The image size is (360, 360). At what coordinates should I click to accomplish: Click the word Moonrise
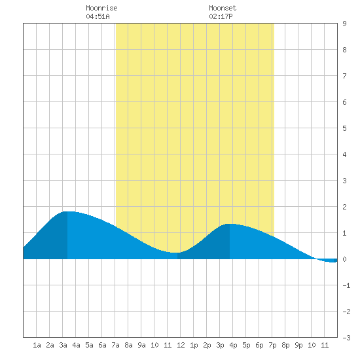[x=101, y=8]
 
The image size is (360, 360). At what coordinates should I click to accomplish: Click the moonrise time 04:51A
[x=98, y=16]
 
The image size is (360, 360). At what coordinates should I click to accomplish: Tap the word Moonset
[x=223, y=8]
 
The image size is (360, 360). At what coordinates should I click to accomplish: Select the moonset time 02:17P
[x=221, y=16]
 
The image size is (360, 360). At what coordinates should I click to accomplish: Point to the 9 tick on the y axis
[x=344, y=24]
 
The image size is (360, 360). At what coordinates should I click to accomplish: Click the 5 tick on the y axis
[x=344, y=128]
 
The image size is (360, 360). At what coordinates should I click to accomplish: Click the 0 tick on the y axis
[x=344, y=259]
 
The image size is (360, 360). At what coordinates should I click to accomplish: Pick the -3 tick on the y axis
[x=346, y=338]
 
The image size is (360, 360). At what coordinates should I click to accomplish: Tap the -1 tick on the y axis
[x=346, y=285]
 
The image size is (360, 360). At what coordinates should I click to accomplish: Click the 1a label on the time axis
[x=37, y=345]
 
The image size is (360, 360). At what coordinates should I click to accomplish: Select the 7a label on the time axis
[x=115, y=345]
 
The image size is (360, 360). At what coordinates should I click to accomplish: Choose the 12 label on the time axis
[x=181, y=345]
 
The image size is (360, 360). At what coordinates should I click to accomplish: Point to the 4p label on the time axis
[x=233, y=345]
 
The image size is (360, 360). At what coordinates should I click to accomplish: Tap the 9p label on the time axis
[x=298, y=345]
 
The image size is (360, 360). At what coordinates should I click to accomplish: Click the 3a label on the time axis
[x=63, y=345]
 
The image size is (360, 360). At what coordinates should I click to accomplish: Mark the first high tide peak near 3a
[x=67, y=211]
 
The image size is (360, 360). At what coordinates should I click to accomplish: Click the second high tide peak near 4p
[x=230, y=224]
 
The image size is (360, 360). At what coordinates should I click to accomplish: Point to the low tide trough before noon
[x=175, y=253]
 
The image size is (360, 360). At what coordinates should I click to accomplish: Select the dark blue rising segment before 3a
[x=45, y=239]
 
